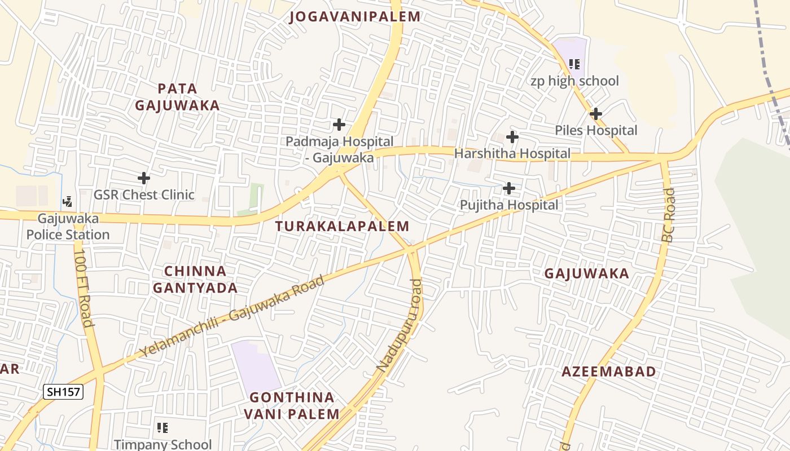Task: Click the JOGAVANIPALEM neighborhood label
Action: coord(355,17)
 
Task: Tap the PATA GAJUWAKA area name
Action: coord(177,97)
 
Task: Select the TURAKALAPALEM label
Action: coord(342,227)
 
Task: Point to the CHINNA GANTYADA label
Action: coord(195,280)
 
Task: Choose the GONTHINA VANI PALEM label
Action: coord(292,406)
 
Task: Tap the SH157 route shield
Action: coord(63,392)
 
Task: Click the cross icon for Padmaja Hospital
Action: coord(339,124)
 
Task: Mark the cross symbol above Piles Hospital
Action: coord(595,114)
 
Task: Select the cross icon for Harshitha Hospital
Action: coord(512,137)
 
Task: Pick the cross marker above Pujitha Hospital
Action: coord(508,188)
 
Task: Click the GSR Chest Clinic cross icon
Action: coord(144,179)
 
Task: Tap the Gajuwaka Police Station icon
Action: coord(68,201)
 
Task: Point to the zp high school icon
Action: coord(574,64)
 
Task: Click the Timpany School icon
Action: coord(163,428)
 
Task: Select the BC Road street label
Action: coord(669,215)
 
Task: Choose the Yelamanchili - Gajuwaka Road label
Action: coord(232,316)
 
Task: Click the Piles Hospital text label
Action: coord(596,131)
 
